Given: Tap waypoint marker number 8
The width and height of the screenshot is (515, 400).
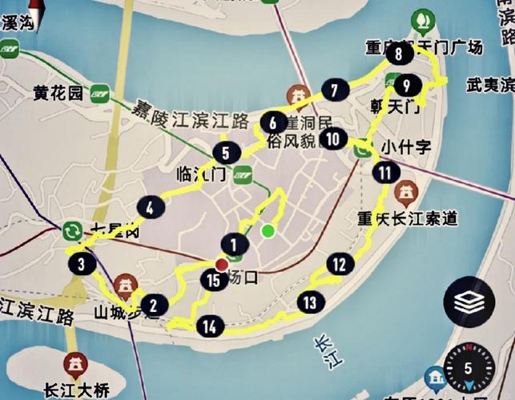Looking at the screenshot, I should coord(399,54).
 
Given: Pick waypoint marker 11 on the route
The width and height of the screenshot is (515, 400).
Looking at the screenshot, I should coord(387,172).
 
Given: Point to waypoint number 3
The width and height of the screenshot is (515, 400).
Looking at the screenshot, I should coord(82,263).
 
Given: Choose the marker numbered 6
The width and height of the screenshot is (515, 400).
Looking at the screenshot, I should coord(273,123).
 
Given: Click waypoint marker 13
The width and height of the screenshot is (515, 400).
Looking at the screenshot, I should coord(310,302).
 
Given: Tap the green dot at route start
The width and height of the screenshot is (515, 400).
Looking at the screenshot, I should coord(268,232).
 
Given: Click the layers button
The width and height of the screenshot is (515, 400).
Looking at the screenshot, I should coord(469,302).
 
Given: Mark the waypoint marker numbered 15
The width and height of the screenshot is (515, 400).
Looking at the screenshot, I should coord(212,280).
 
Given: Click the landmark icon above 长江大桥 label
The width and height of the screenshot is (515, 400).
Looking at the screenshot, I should coord(76,364).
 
